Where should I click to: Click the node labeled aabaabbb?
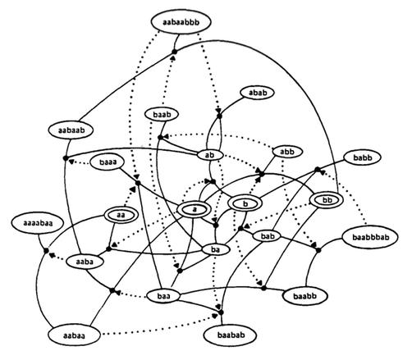tap(181, 22)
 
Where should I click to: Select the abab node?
tap(258, 93)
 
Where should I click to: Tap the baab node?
tap(162, 114)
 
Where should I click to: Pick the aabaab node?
tap(71, 130)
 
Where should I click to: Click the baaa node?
tap(108, 162)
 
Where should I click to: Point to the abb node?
tap(287, 152)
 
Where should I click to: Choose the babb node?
tap(363, 157)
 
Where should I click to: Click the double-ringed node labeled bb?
tap(327, 200)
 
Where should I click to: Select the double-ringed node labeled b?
tap(245, 203)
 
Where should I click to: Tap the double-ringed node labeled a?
tap(194, 210)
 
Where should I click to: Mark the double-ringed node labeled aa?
tap(121, 216)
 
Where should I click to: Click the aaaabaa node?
tap(38, 223)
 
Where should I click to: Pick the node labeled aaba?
tap(85, 262)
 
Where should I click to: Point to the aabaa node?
tap(74, 335)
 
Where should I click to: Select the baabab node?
tap(231, 335)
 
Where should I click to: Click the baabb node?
tap(304, 296)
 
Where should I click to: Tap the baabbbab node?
tap(370, 237)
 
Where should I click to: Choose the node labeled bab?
tap(268, 236)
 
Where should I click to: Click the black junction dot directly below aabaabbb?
tap(174, 52)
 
